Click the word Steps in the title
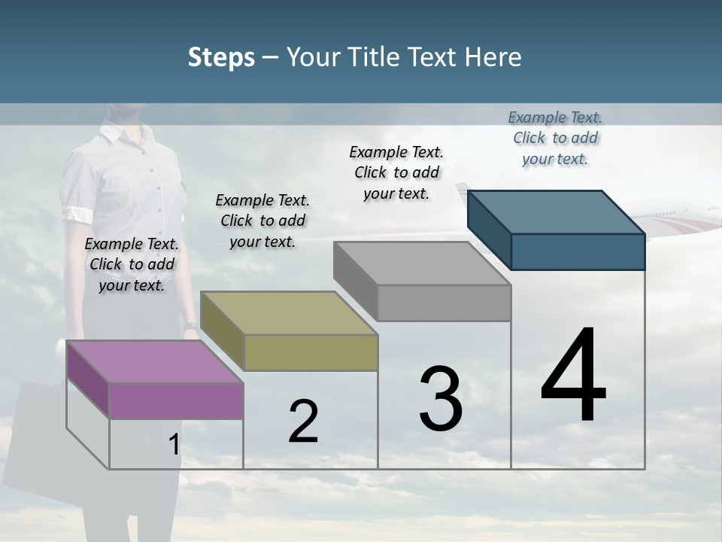[221, 57]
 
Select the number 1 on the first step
[174, 445]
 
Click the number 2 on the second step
[303, 422]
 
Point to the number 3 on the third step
[440, 399]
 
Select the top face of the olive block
[289, 313]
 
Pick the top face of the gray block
[422, 263]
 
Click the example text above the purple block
[132, 264]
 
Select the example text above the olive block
[262, 221]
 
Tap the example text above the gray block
[396, 172]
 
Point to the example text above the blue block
[555, 138]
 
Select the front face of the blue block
[578, 251]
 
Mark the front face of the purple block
[176, 400]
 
